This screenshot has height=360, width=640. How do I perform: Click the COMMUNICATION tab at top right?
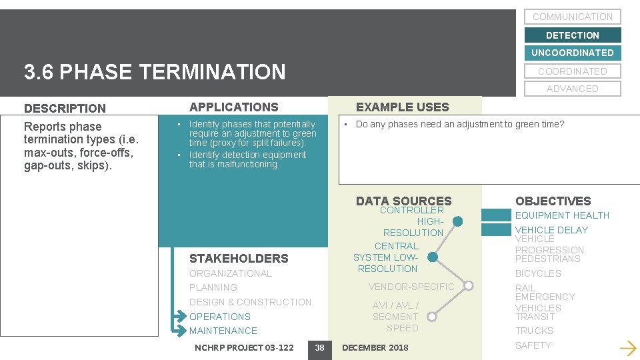pyautogui.click(x=572, y=17)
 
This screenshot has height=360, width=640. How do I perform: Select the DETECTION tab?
pyautogui.click(x=572, y=35)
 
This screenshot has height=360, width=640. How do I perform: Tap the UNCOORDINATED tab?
pyautogui.click(x=572, y=53)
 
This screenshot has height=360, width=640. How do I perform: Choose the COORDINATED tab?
pyautogui.click(x=572, y=71)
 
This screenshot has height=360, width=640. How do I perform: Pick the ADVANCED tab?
pyautogui.click(x=572, y=89)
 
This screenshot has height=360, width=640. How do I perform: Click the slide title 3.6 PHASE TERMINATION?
pyautogui.click(x=155, y=72)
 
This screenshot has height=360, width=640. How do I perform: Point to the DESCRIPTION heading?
pyautogui.click(x=65, y=108)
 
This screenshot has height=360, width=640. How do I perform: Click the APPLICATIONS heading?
pyautogui.click(x=234, y=107)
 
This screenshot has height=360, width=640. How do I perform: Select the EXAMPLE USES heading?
pyautogui.click(x=403, y=107)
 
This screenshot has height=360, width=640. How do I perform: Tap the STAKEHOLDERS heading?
pyautogui.click(x=239, y=259)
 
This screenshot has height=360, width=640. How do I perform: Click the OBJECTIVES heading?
pyautogui.click(x=553, y=201)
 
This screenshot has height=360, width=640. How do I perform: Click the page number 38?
pyautogui.click(x=319, y=347)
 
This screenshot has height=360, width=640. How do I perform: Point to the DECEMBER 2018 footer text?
pyautogui.click(x=375, y=347)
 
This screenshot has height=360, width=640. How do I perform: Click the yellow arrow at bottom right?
pyautogui.click(x=627, y=347)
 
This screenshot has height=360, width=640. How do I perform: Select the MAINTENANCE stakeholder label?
pyautogui.click(x=223, y=331)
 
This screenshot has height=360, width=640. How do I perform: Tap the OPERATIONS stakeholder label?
pyautogui.click(x=220, y=317)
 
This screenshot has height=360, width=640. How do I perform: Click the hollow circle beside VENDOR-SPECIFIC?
pyautogui.click(x=469, y=286)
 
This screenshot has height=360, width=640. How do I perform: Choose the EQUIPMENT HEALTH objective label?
pyautogui.click(x=562, y=215)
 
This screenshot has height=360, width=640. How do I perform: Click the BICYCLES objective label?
pyautogui.click(x=538, y=273)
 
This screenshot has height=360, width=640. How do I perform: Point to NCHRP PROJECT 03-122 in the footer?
pyautogui.click(x=244, y=347)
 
